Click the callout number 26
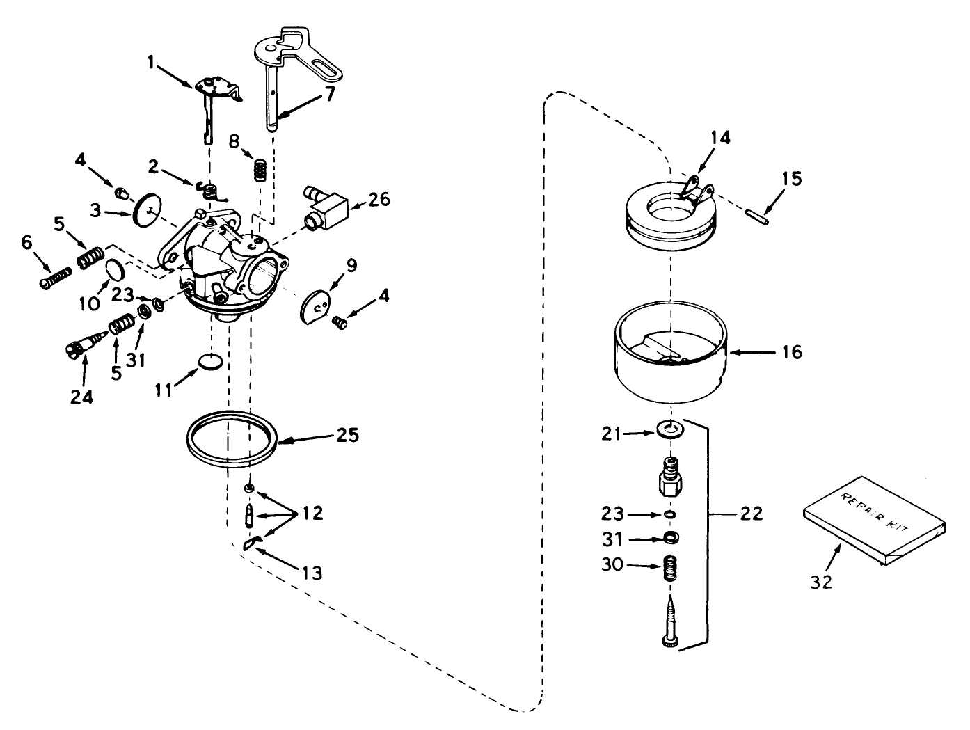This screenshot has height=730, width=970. pyautogui.click(x=380, y=200)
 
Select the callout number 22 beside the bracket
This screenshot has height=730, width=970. pyautogui.click(x=751, y=514)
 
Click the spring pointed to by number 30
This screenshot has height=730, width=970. pyautogui.click(x=669, y=566)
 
